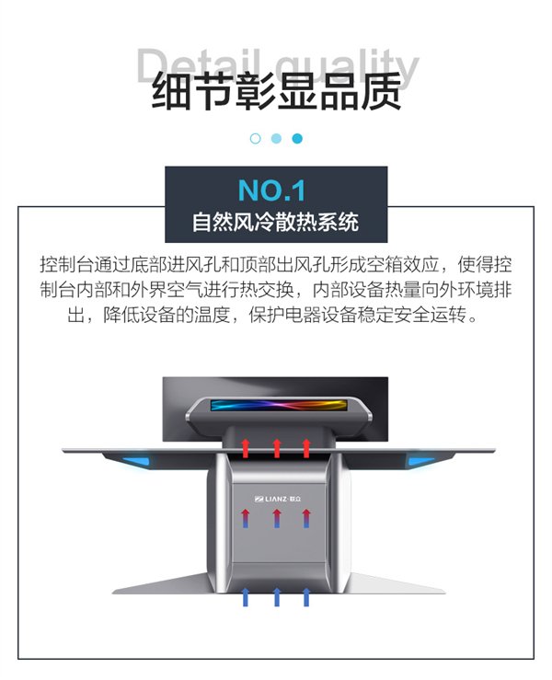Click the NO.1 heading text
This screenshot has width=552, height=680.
click(271, 190)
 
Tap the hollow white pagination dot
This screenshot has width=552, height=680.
click(256, 138)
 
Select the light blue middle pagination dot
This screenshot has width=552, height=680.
click(276, 138)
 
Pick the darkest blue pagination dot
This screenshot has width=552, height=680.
click(297, 138)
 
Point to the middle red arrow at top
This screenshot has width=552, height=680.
click(277, 448)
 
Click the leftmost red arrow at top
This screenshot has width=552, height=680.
click(246, 448)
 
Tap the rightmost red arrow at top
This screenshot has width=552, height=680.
click(306, 448)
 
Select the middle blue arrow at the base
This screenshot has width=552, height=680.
click(277, 597)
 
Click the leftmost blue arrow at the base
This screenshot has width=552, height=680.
click(246, 597)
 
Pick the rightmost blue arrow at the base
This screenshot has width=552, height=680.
click(306, 597)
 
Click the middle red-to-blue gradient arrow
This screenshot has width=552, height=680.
click(277, 518)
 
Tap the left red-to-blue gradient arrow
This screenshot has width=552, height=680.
click(246, 518)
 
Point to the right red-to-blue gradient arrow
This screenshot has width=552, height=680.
click(306, 518)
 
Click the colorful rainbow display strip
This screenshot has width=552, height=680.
click(279, 405)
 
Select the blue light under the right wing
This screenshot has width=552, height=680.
click(421, 461)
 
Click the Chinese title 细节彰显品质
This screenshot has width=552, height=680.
click(276, 92)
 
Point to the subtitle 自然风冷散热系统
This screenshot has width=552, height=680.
click(276, 222)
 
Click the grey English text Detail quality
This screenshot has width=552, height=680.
click(278, 66)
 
